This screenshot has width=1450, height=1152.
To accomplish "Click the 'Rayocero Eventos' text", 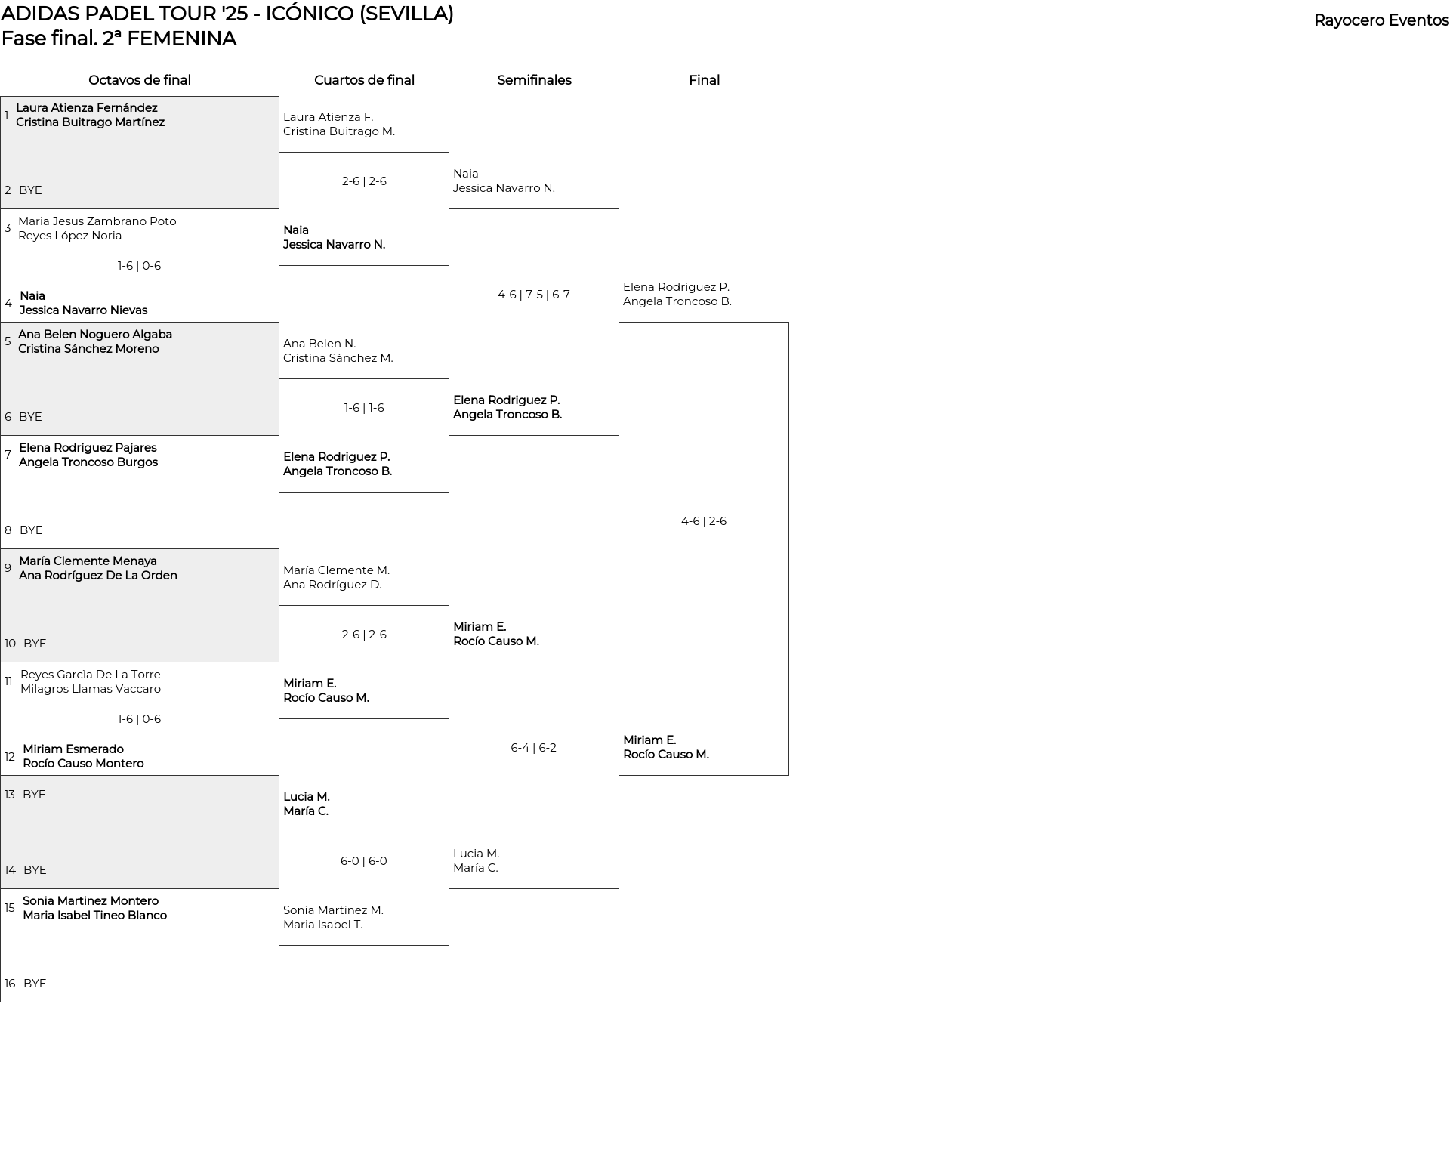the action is (x=1381, y=20).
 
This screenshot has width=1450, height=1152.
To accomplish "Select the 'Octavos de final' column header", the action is (x=140, y=80).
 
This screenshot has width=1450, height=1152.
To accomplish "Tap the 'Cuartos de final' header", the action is (x=364, y=80).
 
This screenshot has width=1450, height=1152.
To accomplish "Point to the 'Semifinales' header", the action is (x=534, y=80).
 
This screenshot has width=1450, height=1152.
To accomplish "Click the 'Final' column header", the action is (x=704, y=80).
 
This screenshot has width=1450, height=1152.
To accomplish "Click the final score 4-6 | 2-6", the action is (x=704, y=521).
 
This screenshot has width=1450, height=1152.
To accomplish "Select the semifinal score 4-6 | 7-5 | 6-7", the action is (x=534, y=295).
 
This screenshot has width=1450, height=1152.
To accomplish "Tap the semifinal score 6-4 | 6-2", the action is (x=534, y=748).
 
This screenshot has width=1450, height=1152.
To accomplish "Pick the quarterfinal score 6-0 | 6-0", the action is (x=364, y=861).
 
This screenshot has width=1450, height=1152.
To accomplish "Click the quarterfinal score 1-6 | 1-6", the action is (x=364, y=408).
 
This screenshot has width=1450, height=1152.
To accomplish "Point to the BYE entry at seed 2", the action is (x=30, y=190).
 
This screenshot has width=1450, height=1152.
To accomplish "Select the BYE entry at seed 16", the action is (x=35, y=984).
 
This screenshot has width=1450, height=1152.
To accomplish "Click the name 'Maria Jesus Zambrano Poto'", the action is (x=97, y=221).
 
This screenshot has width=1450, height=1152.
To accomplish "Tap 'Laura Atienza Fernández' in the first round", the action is (x=87, y=108).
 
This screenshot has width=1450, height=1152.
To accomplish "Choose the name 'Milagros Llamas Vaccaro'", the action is (x=91, y=689).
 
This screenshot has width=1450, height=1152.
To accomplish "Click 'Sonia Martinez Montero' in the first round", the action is (x=91, y=901).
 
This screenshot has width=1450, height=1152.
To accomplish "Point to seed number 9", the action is (x=8, y=568).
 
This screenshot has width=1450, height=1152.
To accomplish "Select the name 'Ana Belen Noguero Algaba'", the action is (x=95, y=335).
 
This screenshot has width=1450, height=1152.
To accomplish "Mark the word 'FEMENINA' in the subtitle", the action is (x=181, y=39).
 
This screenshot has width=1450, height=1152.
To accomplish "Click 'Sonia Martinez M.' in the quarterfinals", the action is (x=334, y=910).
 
